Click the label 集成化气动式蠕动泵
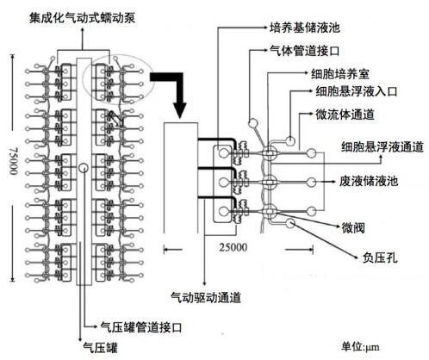(x=82, y=18)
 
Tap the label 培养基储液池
(x=305, y=28)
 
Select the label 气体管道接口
(x=305, y=51)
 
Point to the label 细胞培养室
(x=340, y=74)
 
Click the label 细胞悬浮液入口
(x=357, y=91)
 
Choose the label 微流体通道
(x=345, y=115)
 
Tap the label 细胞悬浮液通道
(x=382, y=146)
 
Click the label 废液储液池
(x=369, y=181)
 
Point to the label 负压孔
(x=380, y=258)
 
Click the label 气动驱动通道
(x=206, y=298)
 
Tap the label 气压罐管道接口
(x=141, y=327)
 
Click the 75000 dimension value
(x=14, y=161)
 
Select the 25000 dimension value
(x=233, y=247)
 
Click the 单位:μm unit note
(x=360, y=346)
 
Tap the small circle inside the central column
(x=84, y=167)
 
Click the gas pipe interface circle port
(x=253, y=123)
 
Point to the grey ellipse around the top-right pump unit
(x=118, y=55)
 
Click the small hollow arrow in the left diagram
(x=115, y=119)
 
